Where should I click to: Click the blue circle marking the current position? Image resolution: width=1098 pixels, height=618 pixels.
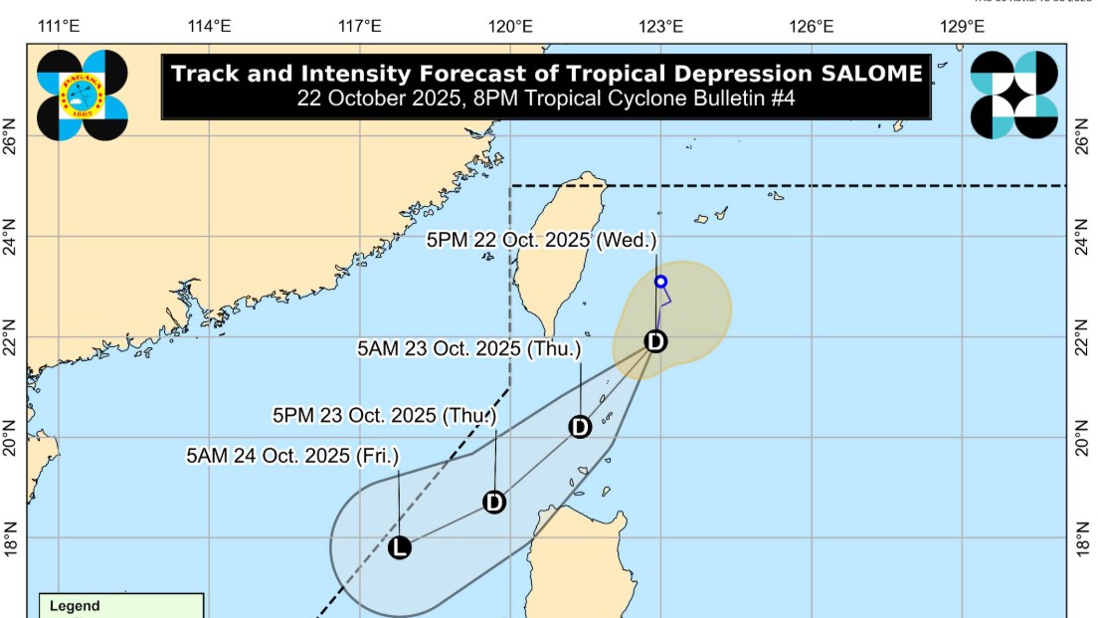point(660,282)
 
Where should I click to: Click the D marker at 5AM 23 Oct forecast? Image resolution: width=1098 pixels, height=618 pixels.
point(580,427)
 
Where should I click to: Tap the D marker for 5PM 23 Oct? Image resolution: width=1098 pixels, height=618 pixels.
point(494,503)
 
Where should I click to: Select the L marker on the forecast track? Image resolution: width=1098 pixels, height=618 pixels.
point(399,547)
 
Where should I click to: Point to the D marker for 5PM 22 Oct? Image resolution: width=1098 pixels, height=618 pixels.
point(654,341)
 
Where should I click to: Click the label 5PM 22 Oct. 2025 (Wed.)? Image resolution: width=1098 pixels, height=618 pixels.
point(542,240)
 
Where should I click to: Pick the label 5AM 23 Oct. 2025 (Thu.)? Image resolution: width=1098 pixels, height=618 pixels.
point(468,349)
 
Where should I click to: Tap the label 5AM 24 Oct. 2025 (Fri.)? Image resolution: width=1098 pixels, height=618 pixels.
point(292,456)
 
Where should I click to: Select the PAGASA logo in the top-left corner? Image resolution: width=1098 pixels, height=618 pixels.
point(83,95)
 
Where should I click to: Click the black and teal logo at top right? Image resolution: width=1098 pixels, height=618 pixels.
point(1013,95)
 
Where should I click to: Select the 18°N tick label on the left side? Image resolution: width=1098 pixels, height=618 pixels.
point(11,537)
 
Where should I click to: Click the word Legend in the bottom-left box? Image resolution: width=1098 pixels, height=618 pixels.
point(75,605)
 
